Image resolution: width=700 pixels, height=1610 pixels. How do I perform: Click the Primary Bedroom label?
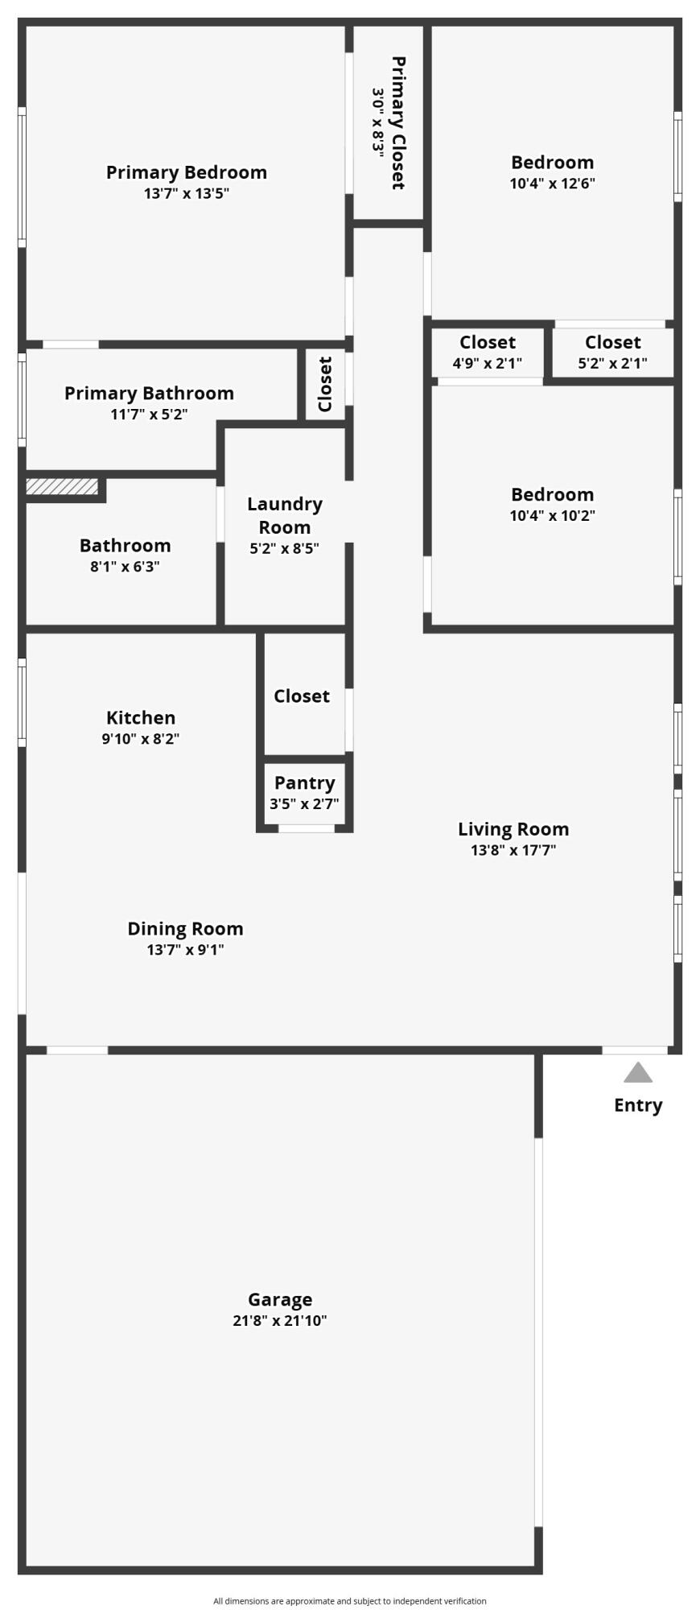tap(186, 172)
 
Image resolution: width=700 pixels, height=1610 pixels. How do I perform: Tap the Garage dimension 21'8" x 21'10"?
tap(279, 1320)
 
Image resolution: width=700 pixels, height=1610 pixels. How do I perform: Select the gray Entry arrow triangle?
tap(638, 1072)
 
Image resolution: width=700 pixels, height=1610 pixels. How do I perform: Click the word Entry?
tap(638, 1105)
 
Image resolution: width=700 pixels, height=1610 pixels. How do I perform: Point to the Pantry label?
tap(304, 783)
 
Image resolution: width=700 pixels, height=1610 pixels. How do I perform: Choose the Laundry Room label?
tap(284, 515)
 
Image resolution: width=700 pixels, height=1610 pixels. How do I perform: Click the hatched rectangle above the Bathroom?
tap(62, 487)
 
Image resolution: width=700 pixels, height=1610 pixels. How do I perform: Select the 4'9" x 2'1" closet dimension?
tap(487, 363)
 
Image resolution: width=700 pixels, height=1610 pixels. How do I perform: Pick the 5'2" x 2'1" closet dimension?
tap(612, 363)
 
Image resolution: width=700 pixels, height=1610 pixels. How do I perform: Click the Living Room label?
tap(513, 829)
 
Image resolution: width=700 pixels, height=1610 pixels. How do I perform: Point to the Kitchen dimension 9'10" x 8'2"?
tap(140, 738)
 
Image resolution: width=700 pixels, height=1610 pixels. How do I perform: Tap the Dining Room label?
tap(185, 929)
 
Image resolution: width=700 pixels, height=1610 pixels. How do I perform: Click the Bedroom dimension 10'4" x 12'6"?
tap(552, 184)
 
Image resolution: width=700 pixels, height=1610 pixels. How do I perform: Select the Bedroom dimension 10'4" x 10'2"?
tap(552, 515)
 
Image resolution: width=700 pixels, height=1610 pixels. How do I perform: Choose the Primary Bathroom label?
tap(149, 394)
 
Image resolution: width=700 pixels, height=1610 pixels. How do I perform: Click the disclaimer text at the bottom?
tap(349, 1601)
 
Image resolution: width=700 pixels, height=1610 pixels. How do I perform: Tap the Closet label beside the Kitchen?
tap(301, 696)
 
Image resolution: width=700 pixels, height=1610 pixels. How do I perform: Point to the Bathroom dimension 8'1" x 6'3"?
tap(125, 567)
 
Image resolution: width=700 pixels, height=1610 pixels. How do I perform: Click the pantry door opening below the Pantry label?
tap(306, 828)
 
